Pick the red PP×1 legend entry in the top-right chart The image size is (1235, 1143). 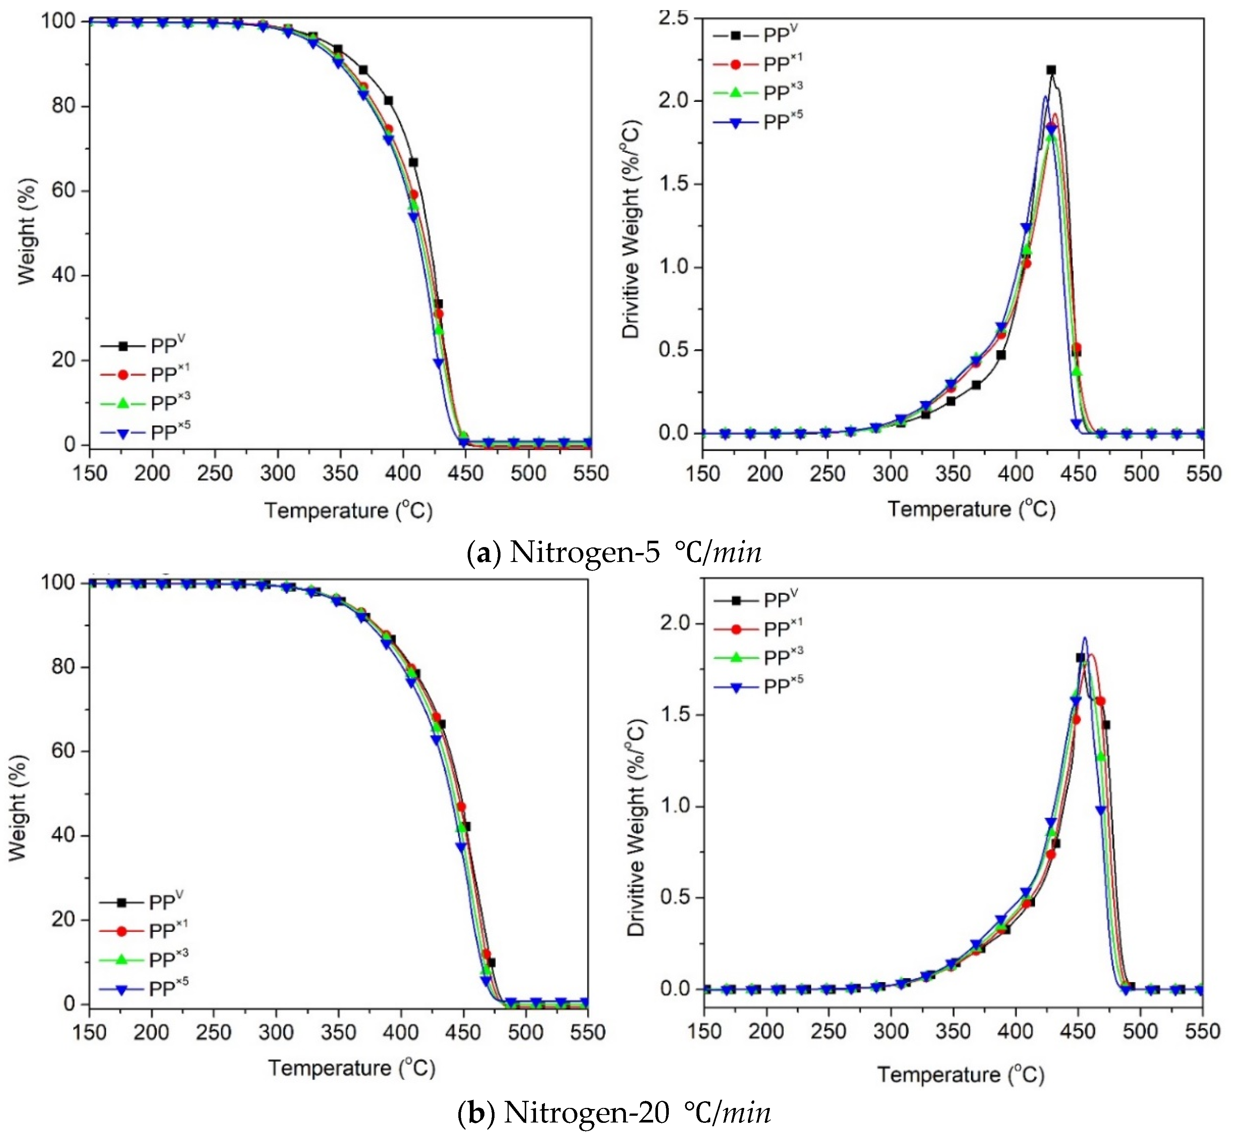tap(758, 64)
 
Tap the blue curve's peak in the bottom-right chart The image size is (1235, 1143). tap(1084, 638)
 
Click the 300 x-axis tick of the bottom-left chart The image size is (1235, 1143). tap(276, 1032)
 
